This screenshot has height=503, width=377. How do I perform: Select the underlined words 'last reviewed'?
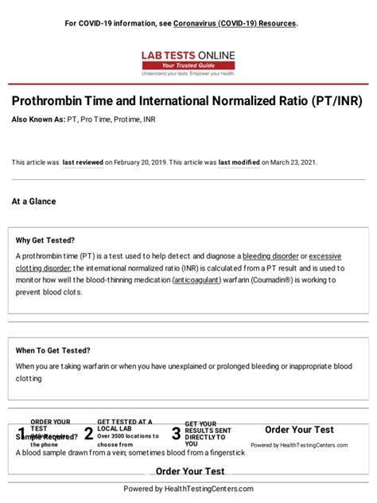click(83, 162)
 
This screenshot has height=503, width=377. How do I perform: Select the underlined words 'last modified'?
click(239, 162)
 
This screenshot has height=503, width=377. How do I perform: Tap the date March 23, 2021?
click(294, 162)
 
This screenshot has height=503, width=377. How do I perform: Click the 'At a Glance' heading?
click(33, 201)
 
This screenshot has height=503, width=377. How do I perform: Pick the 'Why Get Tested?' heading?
click(45, 240)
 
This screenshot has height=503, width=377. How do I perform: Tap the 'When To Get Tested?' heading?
click(52, 350)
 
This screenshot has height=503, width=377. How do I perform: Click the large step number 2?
click(88, 434)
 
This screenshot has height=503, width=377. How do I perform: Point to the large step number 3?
click(176, 434)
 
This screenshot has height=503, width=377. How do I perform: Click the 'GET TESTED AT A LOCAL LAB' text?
click(124, 425)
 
